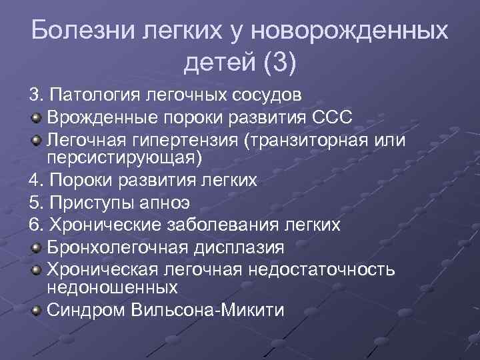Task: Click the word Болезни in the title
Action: [75, 31]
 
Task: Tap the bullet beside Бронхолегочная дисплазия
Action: [35, 248]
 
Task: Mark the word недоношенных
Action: [112, 287]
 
